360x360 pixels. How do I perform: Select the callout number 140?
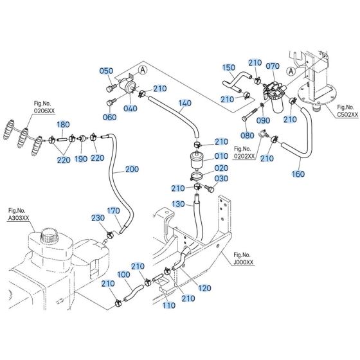tap(184, 103)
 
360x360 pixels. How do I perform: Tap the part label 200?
tap(131, 169)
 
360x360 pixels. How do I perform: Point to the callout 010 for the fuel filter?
tap(221, 156)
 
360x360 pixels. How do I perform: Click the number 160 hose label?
tap(298, 173)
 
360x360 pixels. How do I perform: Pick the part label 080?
tap(248, 136)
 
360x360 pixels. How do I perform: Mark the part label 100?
tap(123, 274)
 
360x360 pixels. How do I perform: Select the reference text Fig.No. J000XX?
tap(244, 258)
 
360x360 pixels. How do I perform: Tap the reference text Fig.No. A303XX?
tap(17, 213)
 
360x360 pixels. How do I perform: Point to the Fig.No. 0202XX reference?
tap(244, 152)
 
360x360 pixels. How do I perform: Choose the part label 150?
tap(229, 67)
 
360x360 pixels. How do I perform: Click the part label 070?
tap(273, 66)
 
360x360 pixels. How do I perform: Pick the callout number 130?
tap(177, 204)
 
